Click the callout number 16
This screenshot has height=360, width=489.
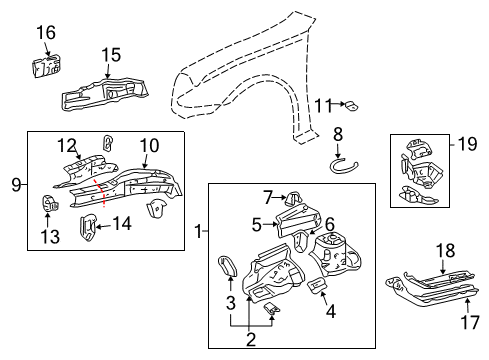click(46, 34)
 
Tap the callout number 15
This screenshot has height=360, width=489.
click(110, 54)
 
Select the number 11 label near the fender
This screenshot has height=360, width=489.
click(322, 104)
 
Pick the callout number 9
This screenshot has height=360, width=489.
click(16, 183)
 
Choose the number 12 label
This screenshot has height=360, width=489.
click(66, 146)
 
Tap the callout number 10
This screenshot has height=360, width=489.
click(149, 146)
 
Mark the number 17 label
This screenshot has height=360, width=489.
click(471, 321)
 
